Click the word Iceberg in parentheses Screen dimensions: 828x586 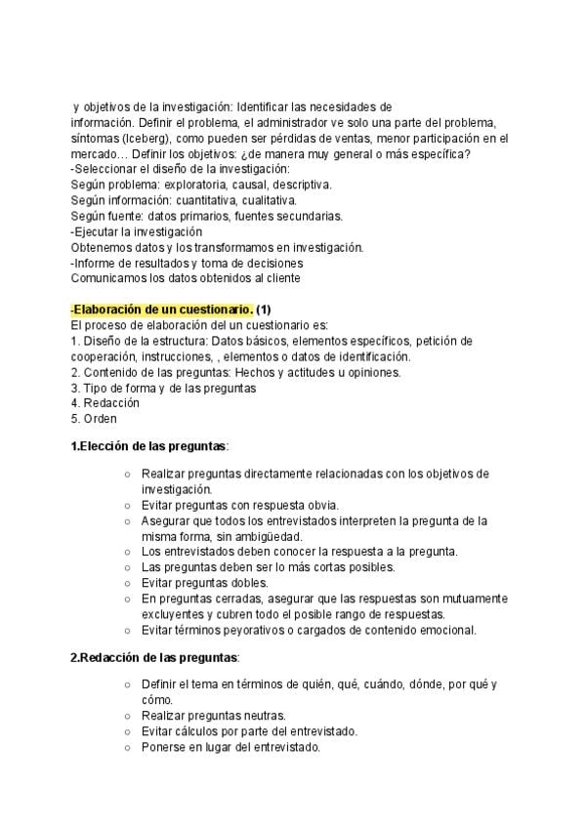[138, 138]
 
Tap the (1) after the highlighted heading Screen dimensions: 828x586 [264, 310]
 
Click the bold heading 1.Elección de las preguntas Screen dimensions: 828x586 [148, 446]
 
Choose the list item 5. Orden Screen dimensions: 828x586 [94, 419]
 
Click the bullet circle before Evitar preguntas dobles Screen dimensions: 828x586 [128, 583]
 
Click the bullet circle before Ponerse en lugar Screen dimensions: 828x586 [128, 747]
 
